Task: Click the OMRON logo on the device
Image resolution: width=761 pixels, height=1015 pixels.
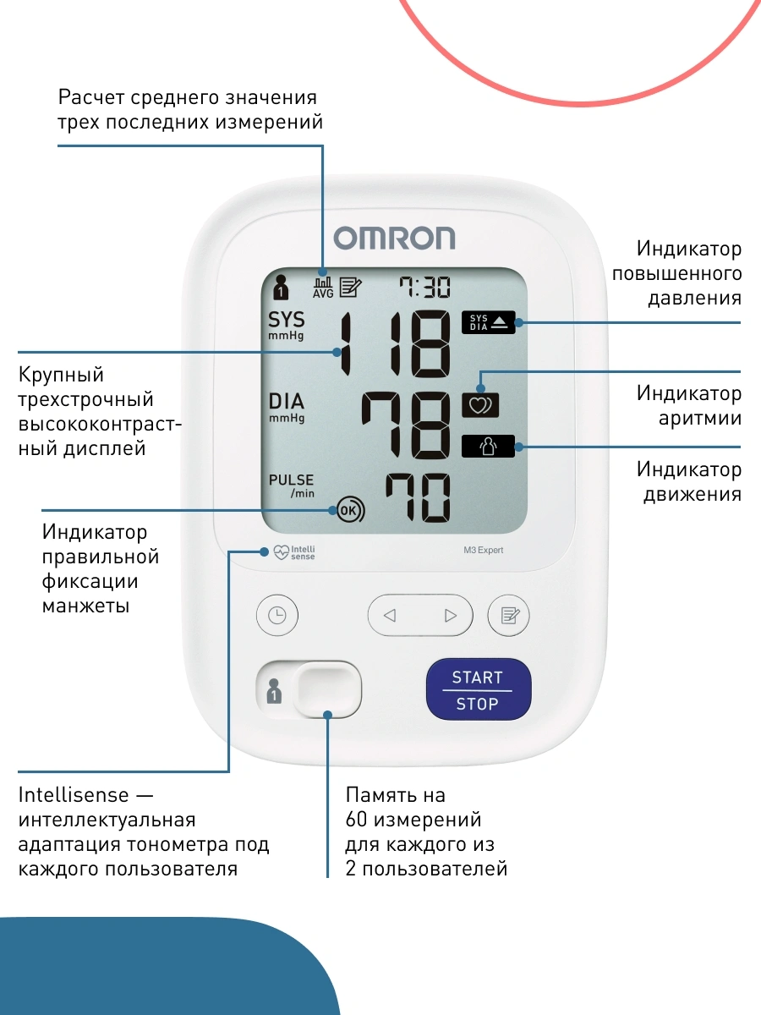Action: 394,238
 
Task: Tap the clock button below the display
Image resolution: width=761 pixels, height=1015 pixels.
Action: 277,615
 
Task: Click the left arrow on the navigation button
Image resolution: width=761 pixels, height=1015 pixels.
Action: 390,616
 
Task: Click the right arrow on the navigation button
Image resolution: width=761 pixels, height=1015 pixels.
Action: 451,616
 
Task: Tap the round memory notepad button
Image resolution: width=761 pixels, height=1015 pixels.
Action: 509,615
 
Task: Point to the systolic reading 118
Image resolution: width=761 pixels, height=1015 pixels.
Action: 395,344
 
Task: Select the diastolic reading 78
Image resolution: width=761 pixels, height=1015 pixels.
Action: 405,425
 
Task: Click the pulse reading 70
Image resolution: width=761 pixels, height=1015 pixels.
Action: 418,497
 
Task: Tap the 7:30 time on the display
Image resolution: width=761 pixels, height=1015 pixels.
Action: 424,287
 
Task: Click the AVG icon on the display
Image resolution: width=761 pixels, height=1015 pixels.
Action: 323,288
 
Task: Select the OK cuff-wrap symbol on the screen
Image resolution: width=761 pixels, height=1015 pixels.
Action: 350,510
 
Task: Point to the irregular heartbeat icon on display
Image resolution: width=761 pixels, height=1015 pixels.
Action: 480,405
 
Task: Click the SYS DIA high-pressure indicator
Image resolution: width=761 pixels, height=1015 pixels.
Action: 489,322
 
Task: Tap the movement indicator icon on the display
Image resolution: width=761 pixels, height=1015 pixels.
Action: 489,447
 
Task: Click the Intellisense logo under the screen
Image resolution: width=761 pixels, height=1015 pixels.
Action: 294,552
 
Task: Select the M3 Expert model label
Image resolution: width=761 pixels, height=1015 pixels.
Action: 484,550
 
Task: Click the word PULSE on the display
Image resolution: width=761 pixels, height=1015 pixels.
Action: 291,480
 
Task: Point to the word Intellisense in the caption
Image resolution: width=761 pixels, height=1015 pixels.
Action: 74,795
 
